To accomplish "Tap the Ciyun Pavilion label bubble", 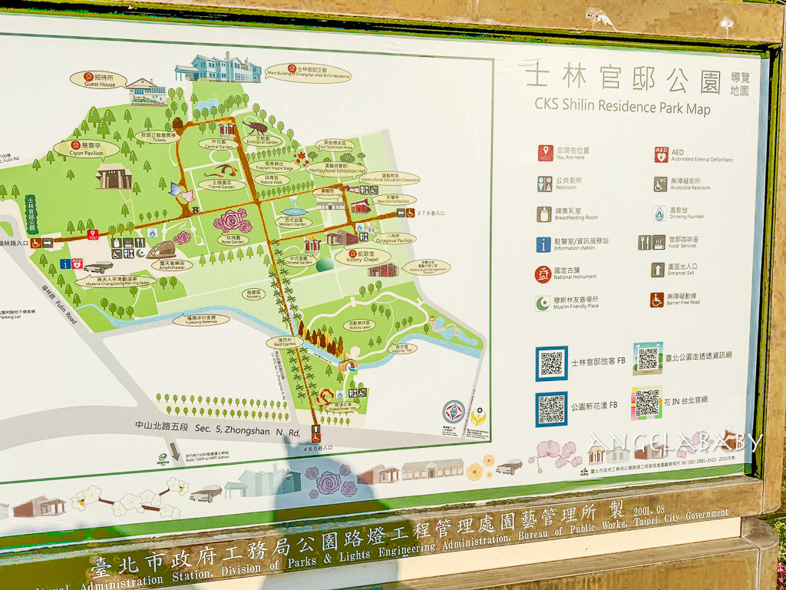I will pos(86,148).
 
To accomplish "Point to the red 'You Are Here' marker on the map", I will pos(93,235).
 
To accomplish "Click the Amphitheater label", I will pos(171,265).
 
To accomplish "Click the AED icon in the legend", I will pos(660,154).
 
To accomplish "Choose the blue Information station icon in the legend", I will pos(544,244).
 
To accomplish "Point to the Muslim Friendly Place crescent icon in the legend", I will pos(543,303).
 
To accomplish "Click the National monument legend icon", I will pos(543,274).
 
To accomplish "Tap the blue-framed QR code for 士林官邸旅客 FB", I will pos(551,363).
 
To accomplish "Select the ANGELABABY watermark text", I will pos(675,442).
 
